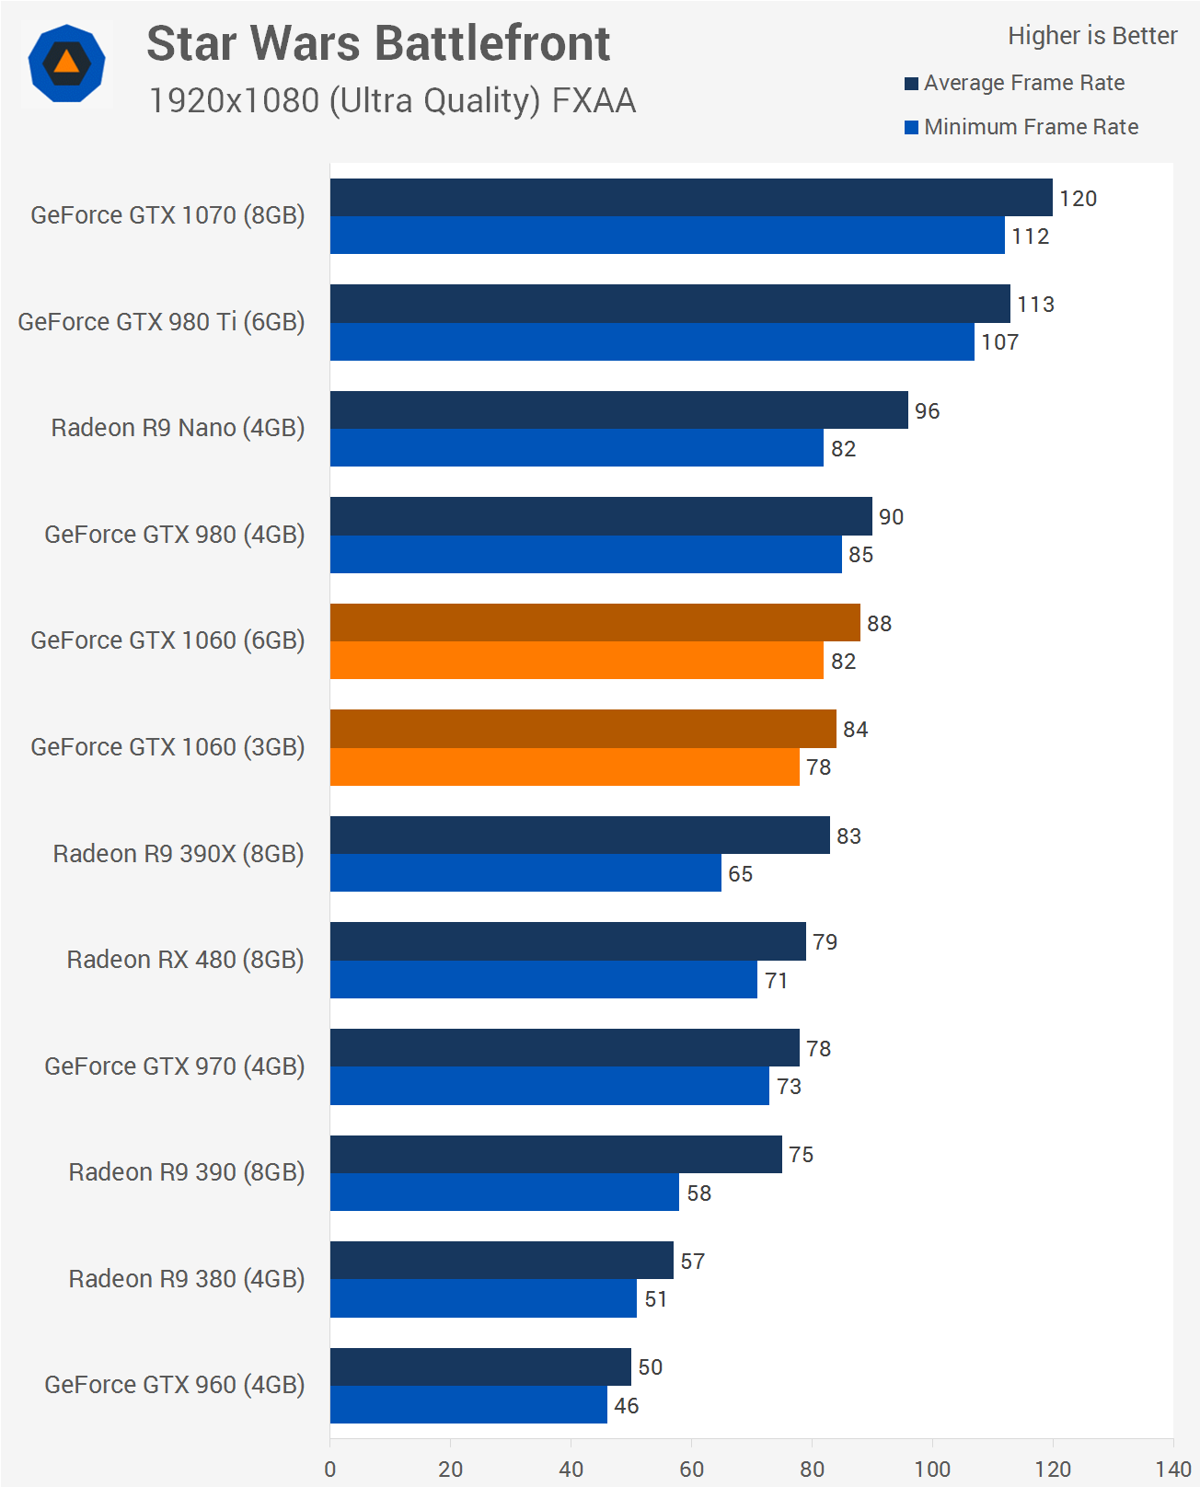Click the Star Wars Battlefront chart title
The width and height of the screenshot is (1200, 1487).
tap(378, 43)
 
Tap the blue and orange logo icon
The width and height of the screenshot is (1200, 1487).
tap(66, 63)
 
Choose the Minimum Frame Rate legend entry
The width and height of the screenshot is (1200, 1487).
tap(1021, 127)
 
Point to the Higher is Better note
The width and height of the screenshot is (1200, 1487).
tap(1092, 36)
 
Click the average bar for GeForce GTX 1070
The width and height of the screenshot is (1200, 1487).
tap(690, 198)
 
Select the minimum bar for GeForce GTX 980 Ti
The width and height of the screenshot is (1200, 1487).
tap(652, 341)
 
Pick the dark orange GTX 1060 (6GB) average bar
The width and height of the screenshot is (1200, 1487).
tap(594, 623)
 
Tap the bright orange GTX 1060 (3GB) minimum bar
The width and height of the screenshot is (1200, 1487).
tap(564, 767)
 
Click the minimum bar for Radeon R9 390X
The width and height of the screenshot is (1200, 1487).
tap(525, 873)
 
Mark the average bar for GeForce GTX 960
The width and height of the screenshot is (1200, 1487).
tap(480, 1366)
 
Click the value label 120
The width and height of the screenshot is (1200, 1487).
tap(1078, 199)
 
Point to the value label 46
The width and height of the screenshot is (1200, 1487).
tap(627, 1405)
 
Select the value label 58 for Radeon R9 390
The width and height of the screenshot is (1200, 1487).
tap(699, 1193)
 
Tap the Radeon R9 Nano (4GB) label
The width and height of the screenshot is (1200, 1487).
tap(178, 428)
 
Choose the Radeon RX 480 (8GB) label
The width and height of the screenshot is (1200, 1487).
tap(185, 960)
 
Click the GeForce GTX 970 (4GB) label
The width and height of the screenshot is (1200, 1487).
tap(174, 1066)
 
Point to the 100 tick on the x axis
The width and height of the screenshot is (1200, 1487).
tap(932, 1469)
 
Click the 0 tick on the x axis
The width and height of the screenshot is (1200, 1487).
tap(330, 1469)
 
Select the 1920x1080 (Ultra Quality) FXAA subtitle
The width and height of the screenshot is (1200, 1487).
tap(392, 100)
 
